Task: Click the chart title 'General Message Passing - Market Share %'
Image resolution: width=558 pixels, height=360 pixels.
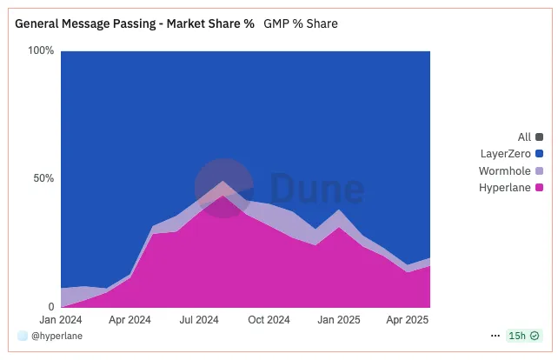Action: point(135,23)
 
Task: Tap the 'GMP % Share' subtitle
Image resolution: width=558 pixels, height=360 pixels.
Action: point(301,23)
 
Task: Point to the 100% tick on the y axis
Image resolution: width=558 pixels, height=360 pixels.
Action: point(41,50)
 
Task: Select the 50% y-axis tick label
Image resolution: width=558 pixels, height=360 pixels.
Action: point(43,178)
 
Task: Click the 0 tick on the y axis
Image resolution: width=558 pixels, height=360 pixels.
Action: point(50,307)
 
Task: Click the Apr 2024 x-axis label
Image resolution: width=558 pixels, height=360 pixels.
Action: point(130,320)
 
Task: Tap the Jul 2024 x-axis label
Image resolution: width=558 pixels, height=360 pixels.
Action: point(198,320)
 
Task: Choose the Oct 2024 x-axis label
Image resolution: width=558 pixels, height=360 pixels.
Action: point(269,320)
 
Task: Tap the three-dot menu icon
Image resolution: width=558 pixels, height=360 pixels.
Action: point(495,336)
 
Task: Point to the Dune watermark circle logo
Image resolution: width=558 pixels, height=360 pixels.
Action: point(223,187)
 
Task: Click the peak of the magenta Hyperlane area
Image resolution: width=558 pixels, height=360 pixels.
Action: point(223,197)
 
